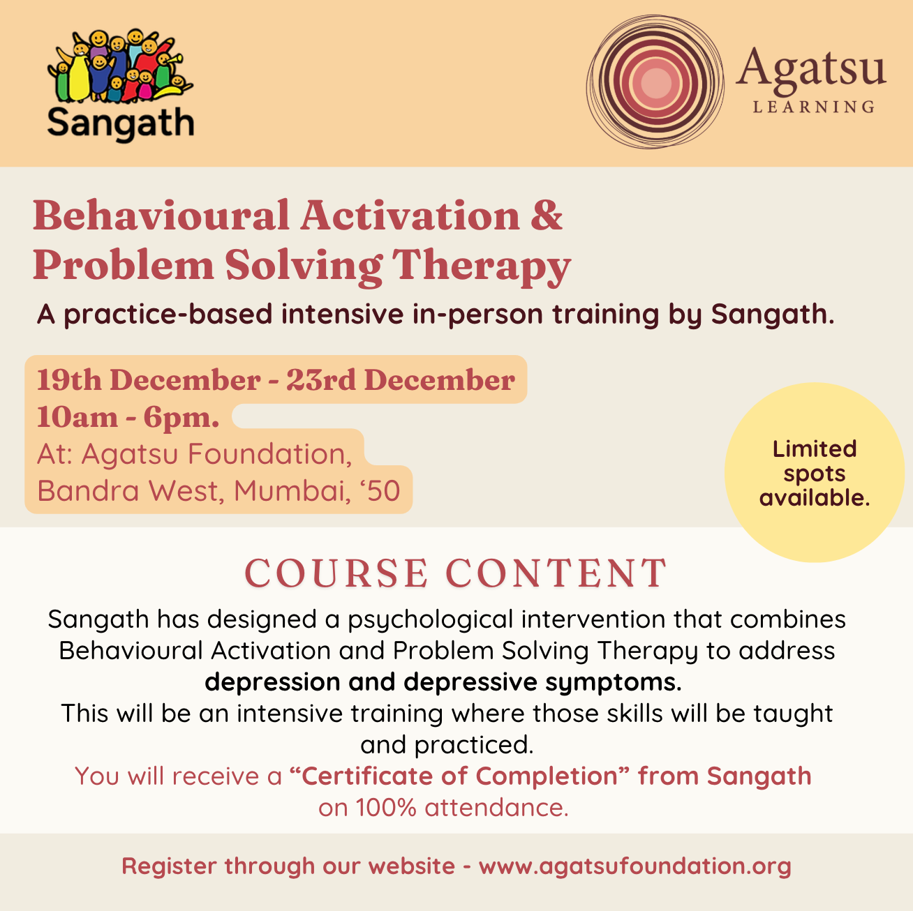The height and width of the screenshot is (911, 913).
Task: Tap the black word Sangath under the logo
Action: tap(120, 124)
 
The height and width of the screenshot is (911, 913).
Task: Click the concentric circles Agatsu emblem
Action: tap(655, 82)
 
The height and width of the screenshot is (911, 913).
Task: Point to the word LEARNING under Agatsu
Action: tap(814, 107)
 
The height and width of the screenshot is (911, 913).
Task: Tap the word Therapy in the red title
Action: tap(481, 266)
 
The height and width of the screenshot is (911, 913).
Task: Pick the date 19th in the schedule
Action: tap(69, 380)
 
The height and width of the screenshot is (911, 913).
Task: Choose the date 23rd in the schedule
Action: tap(320, 380)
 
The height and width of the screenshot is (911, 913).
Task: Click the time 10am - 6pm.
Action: tap(128, 417)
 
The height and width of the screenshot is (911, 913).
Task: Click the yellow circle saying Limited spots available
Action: tap(814, 473)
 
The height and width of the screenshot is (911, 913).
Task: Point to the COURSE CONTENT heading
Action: tap(456, 573)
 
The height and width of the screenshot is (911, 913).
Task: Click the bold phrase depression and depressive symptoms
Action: tap(443, 682)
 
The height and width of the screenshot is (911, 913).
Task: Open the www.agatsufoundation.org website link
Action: tap(634, 866)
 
